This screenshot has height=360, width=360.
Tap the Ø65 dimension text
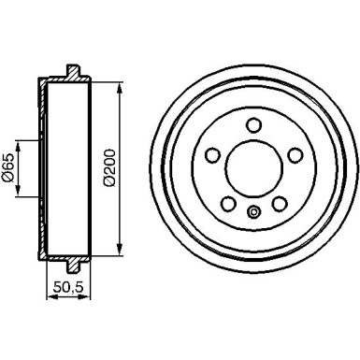8,168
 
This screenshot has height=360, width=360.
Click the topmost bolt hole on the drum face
253,123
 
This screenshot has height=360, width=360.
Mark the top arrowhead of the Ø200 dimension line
120,86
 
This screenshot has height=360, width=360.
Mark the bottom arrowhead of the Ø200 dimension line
120,251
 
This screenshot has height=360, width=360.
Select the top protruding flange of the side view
73,72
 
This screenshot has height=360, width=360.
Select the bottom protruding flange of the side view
73,265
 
